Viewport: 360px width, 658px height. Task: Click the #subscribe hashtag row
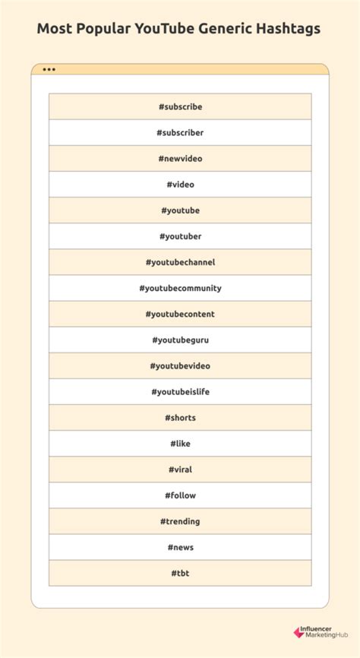coord(180,107)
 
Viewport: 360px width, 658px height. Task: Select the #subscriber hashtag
coord(180,133)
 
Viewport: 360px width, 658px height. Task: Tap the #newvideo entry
coord(180,159)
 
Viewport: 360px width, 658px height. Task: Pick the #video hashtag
coord(180,185)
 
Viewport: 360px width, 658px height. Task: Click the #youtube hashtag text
coord(180,210)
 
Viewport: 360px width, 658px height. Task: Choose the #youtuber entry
coord(180,236)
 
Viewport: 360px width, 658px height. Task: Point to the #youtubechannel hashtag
coord(180,262)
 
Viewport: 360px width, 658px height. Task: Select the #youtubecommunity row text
coord(180,288)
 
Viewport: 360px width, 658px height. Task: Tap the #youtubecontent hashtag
coord(180,314)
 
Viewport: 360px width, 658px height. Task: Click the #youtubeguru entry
coord(180,340)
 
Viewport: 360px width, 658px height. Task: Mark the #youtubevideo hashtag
coord(180,365)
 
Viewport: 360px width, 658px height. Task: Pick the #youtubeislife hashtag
coord(180,391)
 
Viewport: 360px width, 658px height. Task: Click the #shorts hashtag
coord(180,417)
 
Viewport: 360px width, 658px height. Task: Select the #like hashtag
coord(180,443)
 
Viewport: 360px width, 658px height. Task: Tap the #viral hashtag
coord(180,469)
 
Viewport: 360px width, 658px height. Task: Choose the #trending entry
coord(180,521)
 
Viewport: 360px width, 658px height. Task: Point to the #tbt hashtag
coord(180,573)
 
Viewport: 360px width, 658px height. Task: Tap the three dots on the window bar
coord(49,70)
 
